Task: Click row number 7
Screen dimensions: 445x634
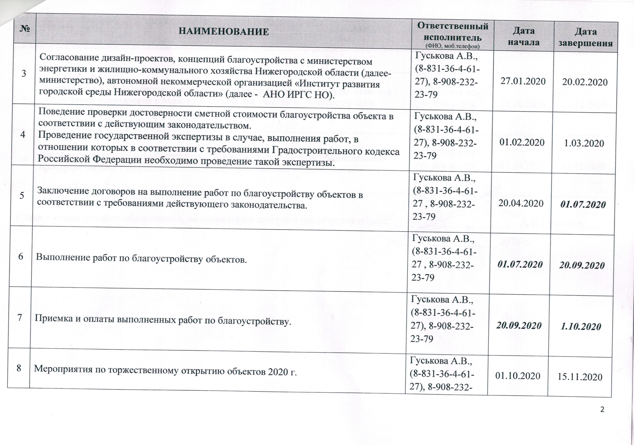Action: point(20,317)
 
